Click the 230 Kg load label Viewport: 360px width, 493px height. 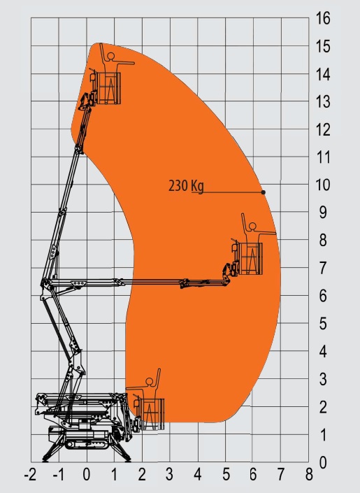(x=186, y=186)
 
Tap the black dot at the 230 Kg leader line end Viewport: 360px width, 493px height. (x=264, y=192)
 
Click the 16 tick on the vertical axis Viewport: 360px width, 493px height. (x=323, y=18)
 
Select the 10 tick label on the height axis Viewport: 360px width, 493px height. (x=323, y=185)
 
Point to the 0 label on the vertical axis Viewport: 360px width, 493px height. (x=323, y=462)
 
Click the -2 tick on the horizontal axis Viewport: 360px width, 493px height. (x=30, y=474)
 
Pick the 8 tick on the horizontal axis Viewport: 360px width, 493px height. (x=309, y=474)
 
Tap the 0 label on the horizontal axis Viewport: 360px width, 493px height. (x=87, y=474)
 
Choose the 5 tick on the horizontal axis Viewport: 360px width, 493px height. (x=226, y=474)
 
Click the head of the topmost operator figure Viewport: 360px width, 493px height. (x=110, y=56)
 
